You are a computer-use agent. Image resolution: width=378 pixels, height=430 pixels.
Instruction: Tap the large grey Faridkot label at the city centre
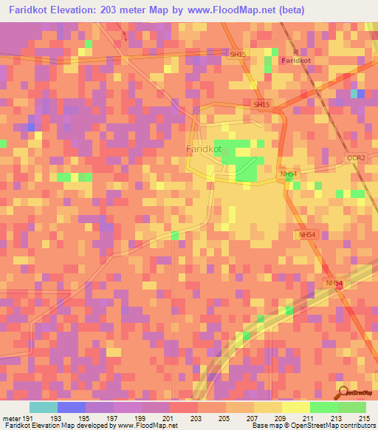pos(204,149)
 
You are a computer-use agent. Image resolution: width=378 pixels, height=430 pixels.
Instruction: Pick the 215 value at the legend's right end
pos(364,417)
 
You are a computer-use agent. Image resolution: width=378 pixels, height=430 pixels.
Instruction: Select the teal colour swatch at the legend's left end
pos(43,407)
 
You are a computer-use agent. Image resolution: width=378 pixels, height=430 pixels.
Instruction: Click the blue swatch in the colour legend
pos(71,407)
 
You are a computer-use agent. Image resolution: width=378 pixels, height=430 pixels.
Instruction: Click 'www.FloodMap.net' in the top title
pos(227,10)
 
